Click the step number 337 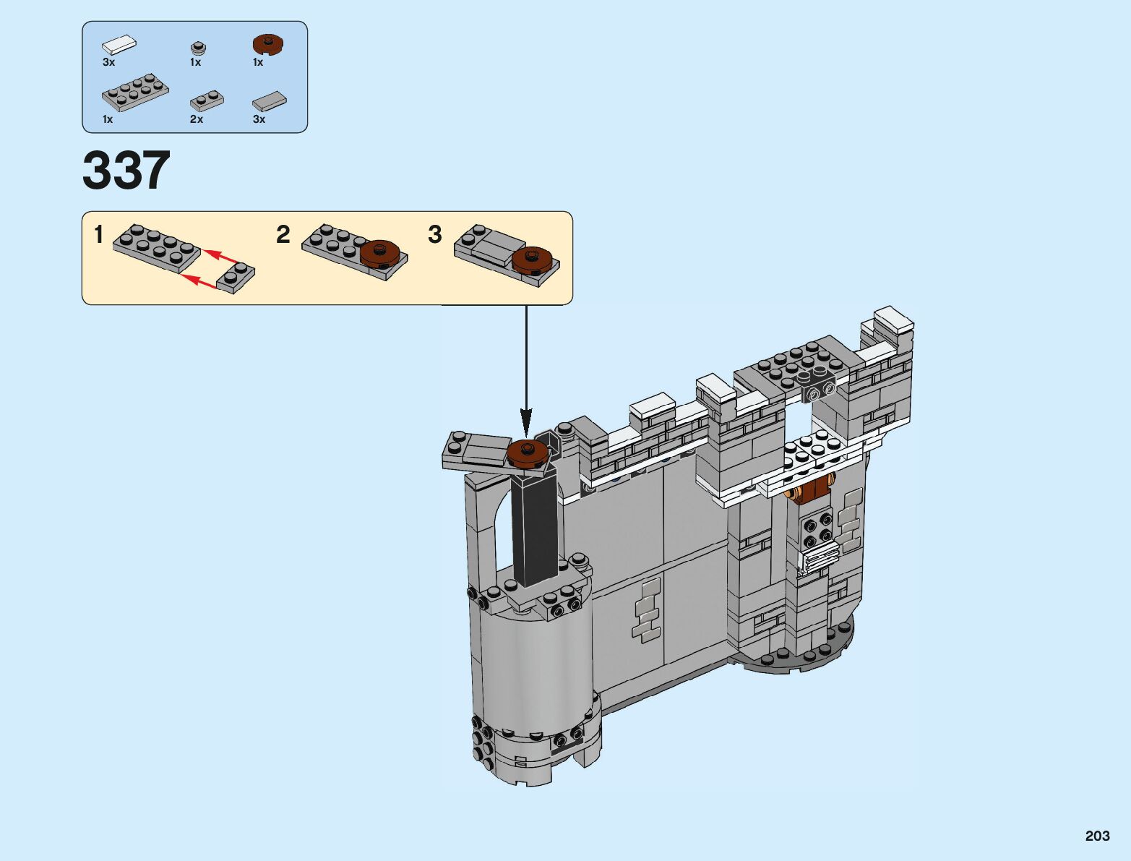click(x=126, y=170)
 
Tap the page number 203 click(x=1098, y=836)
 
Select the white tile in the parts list click(x=119, y=44)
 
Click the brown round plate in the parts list click(x=269, y=44)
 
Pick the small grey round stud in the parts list click(x=198, y=48)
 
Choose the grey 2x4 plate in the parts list click(x=136, y=93)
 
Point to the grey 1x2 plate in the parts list click(x=207, y=101)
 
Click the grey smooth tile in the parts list click(x=270, y=100)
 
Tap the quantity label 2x click(x=197, y=119)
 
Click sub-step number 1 click(x=99, y=235)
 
